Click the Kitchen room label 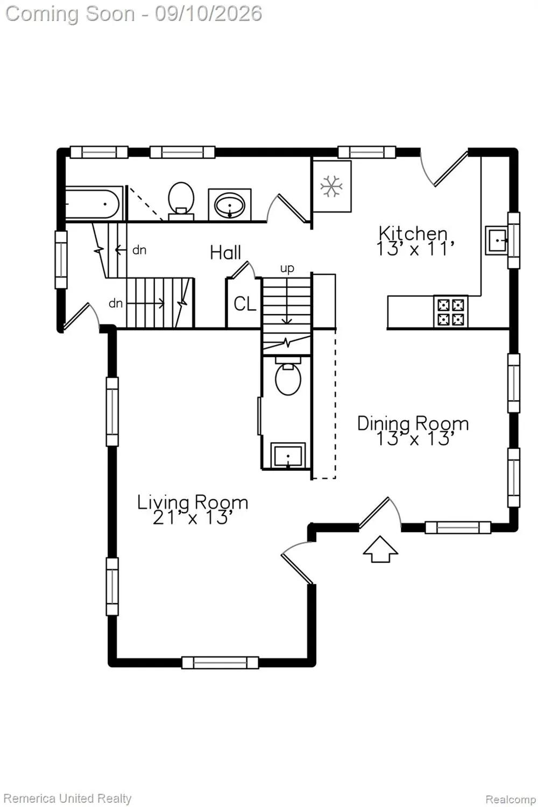click(x=413, y=233)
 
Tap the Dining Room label click(x=413, y=424)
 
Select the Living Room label click(x=193, y=502)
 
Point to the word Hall click(x=225, y=252)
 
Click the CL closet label click(x=245, y=304)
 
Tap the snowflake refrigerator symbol click(x=331, y=186)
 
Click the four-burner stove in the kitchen click(x=451, y=312)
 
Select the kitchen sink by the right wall click(x=497, y=240)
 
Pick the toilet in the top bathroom click(x=181, y=200)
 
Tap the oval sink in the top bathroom click(x=230, y=204)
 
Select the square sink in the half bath click(x=288, y=456)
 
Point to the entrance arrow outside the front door click(x=380, y=549)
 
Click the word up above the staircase click(x=287, y=269)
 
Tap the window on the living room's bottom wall click(x=220, y=663)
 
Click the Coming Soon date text click(x=133, y=13)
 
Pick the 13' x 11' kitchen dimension click(x=415, y=248)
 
